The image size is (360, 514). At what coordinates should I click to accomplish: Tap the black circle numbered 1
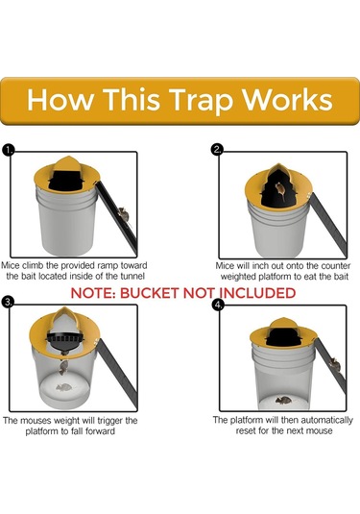tap(9, 150)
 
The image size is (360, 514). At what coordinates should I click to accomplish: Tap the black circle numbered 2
tap(217, 150)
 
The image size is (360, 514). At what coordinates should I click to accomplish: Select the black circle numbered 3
tap(8, 302)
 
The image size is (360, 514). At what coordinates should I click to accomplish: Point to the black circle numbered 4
tap(218, 305)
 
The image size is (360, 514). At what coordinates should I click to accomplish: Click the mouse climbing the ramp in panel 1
tap(124, 213)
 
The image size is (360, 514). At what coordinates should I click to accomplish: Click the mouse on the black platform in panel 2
tap(280, 190)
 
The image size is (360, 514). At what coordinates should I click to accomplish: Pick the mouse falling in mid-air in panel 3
tap(63, 367)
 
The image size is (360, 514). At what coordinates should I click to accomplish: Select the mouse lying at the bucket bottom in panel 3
tap(64, 387)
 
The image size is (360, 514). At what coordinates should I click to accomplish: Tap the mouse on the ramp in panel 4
tap(335, 364)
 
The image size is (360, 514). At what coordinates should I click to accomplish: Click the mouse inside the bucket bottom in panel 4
tap(283, 400)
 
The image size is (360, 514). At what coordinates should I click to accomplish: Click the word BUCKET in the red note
tap(149, 293)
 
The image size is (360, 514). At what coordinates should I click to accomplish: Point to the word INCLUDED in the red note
tap(257, 293)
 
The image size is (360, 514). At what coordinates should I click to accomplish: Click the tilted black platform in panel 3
tap(64, 342)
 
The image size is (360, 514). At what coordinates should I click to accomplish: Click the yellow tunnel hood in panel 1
tap(67, 162)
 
